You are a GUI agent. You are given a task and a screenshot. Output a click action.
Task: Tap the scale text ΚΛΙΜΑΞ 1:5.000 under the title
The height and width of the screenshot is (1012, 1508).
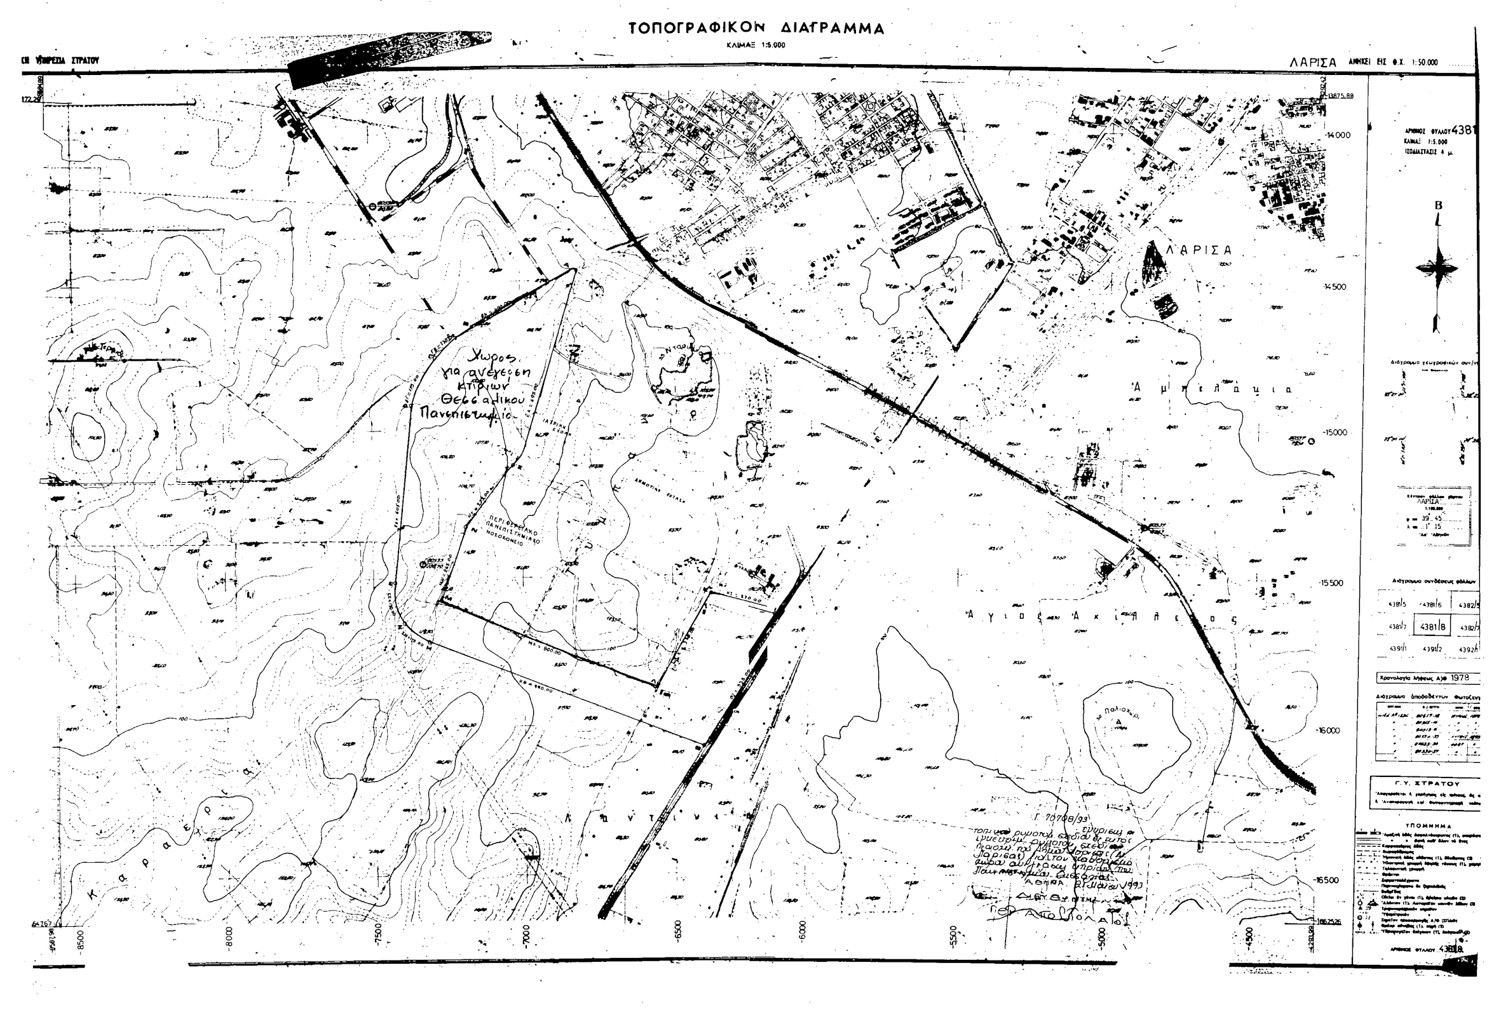point(756,45)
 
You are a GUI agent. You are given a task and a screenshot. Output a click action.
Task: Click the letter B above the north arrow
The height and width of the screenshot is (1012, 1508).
point(1437,206)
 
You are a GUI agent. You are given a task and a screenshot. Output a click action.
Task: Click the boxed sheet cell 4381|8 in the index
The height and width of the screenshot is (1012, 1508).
point(1429,626)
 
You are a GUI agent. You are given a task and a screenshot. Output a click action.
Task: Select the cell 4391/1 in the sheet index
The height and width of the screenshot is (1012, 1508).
point(1393,648)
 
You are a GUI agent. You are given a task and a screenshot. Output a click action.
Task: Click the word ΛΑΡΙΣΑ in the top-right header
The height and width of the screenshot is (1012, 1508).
point(1312,63)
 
